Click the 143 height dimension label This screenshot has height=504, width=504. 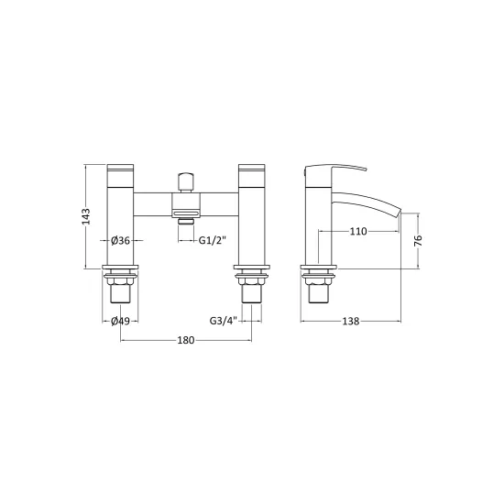coord(86,216)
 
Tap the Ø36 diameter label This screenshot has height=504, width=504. coord(120,240)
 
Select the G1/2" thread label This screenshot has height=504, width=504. coord(213,240)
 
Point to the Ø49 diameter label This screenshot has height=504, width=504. coord(120,321)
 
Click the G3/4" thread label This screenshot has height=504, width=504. coord(224,321)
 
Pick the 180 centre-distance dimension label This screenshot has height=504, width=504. coord(186,340)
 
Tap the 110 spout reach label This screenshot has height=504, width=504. coord(358,231)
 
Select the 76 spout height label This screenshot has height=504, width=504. coord(418,240)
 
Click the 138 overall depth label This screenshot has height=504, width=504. coord(350,321)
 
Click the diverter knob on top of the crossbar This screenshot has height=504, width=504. coord(186,182)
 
